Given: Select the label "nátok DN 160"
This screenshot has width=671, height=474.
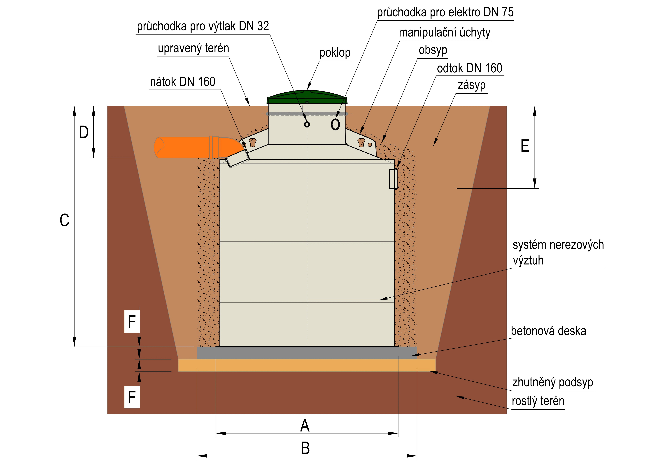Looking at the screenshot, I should point(183,82).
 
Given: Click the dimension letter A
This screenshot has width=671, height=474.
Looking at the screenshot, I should point(305,426).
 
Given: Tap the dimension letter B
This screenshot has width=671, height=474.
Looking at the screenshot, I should point(305,448).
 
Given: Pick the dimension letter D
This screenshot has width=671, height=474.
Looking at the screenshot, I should point(84,132).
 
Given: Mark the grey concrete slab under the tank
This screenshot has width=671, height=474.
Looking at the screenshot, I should point(307,353).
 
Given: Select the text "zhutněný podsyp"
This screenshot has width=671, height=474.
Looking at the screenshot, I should point(552,382).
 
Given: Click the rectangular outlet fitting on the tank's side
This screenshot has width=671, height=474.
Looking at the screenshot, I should point(393,179).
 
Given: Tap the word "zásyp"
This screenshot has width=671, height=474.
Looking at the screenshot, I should point(471,85).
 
